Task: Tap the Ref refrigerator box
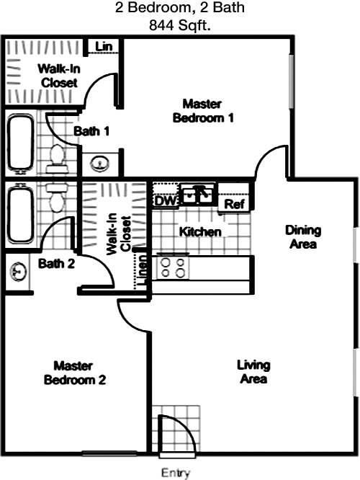coord(234,203)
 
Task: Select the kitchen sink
coord(198,194)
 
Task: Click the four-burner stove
coord(173,268)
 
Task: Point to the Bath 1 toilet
coord(57,159)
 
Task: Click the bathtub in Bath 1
coord(20,143)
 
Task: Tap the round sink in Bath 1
coord(99,164)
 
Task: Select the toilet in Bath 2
coord(55,197)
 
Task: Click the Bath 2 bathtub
coord(20,215)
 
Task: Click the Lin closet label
coord(104,47)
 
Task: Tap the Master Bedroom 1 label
coord(203,111)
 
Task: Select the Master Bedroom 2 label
coord(75,373)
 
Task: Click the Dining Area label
coord(303,237)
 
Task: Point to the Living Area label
coord(253,372)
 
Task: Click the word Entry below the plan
coord(176,473)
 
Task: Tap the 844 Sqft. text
coord(180,25)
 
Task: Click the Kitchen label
coord(200,232)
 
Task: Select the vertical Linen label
coord(143,270)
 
